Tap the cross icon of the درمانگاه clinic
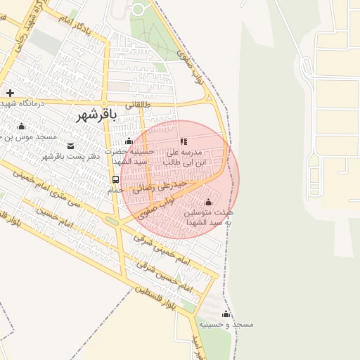[x=10, y=93]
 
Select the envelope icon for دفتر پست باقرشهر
[x=70, y=146]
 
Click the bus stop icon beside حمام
[x=115, y=179]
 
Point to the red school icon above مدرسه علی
[x=184, y=141]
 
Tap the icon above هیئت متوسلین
[x=207, y=202]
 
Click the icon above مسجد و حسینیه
[x=226, y=314]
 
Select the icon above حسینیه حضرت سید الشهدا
[x=129, y=141]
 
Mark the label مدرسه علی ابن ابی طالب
[x=185, y=157]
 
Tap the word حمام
[x=115, y=191]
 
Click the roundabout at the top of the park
[x=138, y=8]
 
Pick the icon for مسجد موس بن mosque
[x=22, y=127]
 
